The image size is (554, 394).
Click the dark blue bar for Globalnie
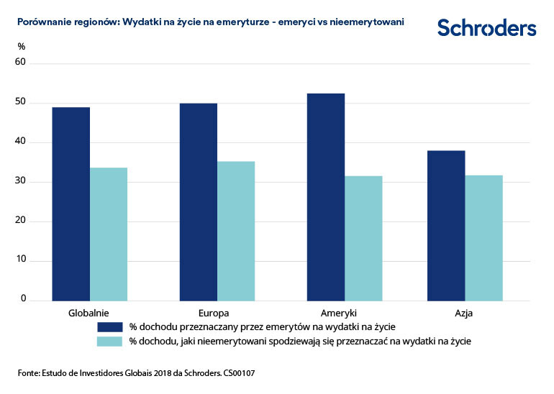tap(71, 203)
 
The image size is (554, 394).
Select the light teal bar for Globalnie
tap(109, 234)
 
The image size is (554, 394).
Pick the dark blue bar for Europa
tap(198, 201)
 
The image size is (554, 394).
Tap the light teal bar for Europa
tap(236, 231)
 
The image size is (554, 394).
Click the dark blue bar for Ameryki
tap(325, 196)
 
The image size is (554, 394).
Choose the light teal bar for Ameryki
tap(363, 238)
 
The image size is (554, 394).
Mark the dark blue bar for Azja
tap(446, 225)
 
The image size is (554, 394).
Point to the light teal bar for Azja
tap(483, 237)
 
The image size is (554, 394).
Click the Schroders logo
tap(486, 28)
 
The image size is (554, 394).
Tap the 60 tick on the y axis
tap(21, 63)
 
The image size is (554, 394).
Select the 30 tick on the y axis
tap(21, 181)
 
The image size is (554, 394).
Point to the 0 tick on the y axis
tap(23, 298)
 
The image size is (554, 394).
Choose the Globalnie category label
tap(88, 313)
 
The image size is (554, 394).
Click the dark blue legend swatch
tap(111, 326)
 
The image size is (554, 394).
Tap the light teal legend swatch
tap(111, 341)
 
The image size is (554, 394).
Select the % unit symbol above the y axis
tap(22, 47)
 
